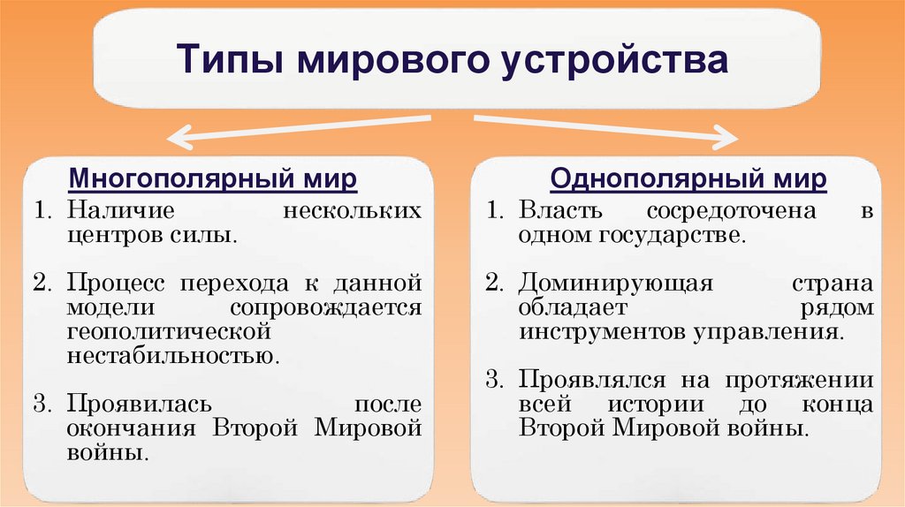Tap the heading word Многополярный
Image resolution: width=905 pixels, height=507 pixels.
[178, 179]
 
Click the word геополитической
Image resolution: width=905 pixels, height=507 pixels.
[167, 332]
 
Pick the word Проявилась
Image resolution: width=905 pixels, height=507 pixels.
[138, 405]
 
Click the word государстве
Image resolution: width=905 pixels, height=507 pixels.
[676, 237]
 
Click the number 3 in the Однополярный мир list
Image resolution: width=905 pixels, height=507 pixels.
[491, 381]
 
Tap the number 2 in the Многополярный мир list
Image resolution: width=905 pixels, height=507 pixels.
[41, 284]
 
